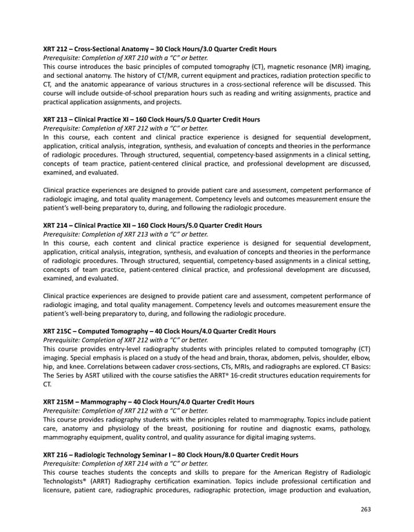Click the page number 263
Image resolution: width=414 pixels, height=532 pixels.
coord(365,510)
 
